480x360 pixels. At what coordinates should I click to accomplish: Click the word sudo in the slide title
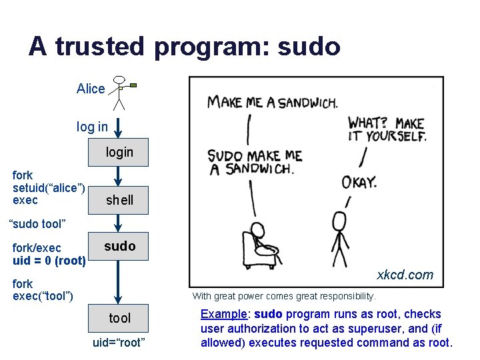pyautogui.click(x=309, y=47)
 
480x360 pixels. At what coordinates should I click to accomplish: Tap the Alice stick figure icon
pyautogui.click(x=120, y=92)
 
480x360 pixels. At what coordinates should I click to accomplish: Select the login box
pyautogui.click(x=119, y=152)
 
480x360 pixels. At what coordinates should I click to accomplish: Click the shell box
pyautogui.click(x=119, y=199)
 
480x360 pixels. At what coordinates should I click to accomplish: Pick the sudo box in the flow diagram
pyautogui.click(x=119, y=246)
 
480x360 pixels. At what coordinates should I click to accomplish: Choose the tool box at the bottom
pyautogui.click(x=119, y=318)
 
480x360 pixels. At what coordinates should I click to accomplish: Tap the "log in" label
pyautogui.click(x=92, y=126)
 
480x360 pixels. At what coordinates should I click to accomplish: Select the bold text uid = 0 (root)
pyautogui.click(x=49, y=261)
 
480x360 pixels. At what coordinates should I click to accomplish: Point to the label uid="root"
pyautogui.click(x=119, y=343)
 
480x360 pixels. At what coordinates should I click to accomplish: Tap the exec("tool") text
pyautogui.click(x=43, y=295)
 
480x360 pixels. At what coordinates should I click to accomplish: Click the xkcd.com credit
pyautogui.click(x=405, y=275)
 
